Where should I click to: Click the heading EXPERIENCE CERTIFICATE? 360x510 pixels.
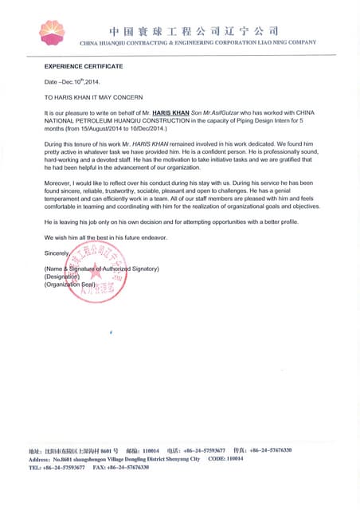84,67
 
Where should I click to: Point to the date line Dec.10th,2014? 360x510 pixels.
72,81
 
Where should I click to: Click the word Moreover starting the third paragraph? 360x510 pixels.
59,184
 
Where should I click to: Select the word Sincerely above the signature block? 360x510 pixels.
57,253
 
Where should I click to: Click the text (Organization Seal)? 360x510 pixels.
70,284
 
